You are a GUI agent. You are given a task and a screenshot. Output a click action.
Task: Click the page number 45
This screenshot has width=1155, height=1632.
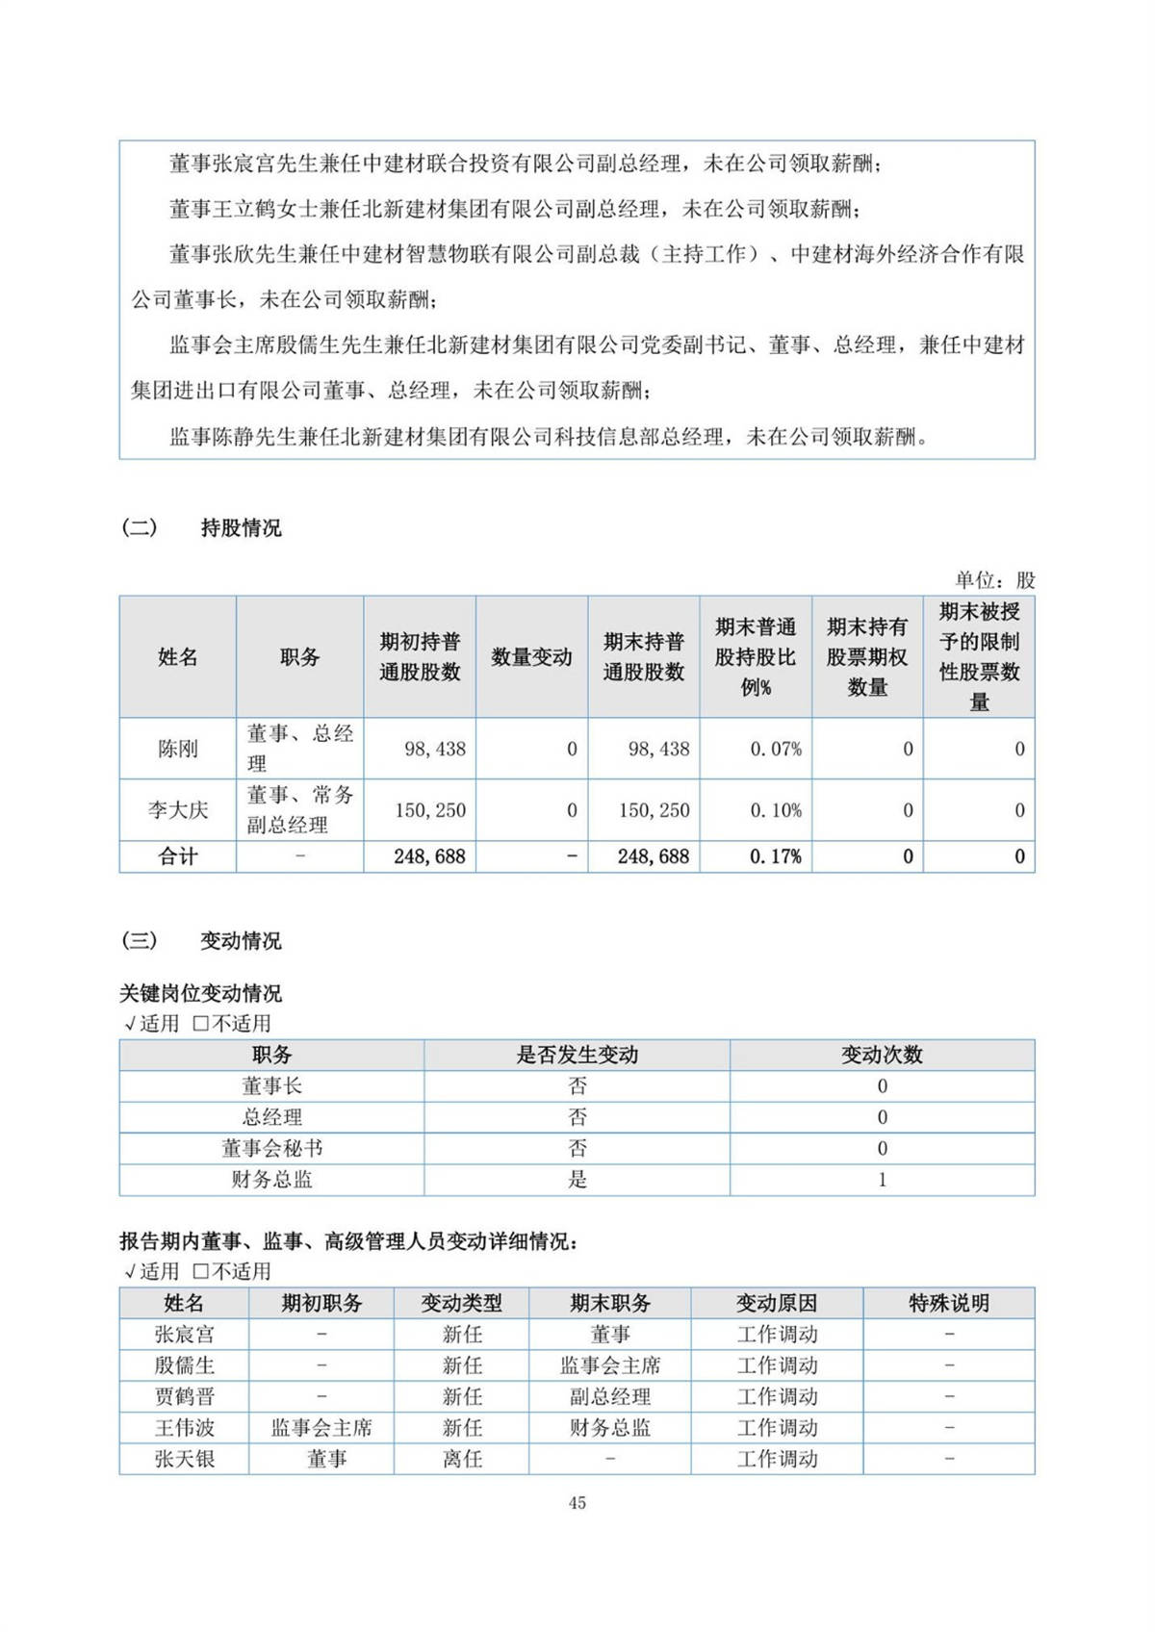(577, 1503)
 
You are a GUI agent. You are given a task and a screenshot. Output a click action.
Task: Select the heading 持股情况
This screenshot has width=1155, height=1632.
(241, 528)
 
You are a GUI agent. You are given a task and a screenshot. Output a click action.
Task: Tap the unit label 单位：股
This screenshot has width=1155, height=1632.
(994, 580)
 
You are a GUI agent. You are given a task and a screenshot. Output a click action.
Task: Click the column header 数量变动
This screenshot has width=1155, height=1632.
(531, 657)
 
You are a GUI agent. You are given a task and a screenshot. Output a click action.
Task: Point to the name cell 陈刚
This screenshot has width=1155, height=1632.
(178, 749)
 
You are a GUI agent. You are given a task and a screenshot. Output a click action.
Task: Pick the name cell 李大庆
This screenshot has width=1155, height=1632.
(178, 810)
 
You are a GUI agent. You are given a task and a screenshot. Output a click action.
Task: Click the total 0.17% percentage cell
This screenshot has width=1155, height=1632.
(775, 856)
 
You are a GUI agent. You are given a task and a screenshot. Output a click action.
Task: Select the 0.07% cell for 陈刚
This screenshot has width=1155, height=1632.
(775, 749)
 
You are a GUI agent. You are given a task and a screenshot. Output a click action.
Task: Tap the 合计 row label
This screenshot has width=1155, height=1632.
(178, 856)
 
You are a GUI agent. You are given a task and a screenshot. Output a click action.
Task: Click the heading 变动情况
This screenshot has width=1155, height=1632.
(241, 941)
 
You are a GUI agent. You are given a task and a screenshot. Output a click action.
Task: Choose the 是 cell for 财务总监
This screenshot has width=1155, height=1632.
(577, 1180)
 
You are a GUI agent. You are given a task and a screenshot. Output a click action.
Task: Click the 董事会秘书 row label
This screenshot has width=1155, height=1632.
(271, 1148)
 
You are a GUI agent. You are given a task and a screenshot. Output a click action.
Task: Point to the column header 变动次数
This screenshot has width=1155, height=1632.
(882, 1055)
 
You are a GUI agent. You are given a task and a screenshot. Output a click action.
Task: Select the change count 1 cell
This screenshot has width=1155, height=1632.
(882, 1180)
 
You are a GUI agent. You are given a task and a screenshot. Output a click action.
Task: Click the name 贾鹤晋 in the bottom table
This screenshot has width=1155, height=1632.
(184, 1397)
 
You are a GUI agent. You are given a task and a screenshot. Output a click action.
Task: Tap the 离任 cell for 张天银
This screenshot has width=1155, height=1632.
(462, 1459)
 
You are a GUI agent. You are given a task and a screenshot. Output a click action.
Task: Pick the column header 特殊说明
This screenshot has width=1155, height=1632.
(949, 1304)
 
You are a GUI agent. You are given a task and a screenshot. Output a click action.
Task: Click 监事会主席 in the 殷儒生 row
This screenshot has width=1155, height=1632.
(609, 1365)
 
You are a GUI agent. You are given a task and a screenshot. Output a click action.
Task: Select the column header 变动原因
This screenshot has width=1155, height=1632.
(777, 1304)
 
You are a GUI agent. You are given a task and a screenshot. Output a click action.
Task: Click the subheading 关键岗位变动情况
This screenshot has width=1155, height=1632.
(200, 993)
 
